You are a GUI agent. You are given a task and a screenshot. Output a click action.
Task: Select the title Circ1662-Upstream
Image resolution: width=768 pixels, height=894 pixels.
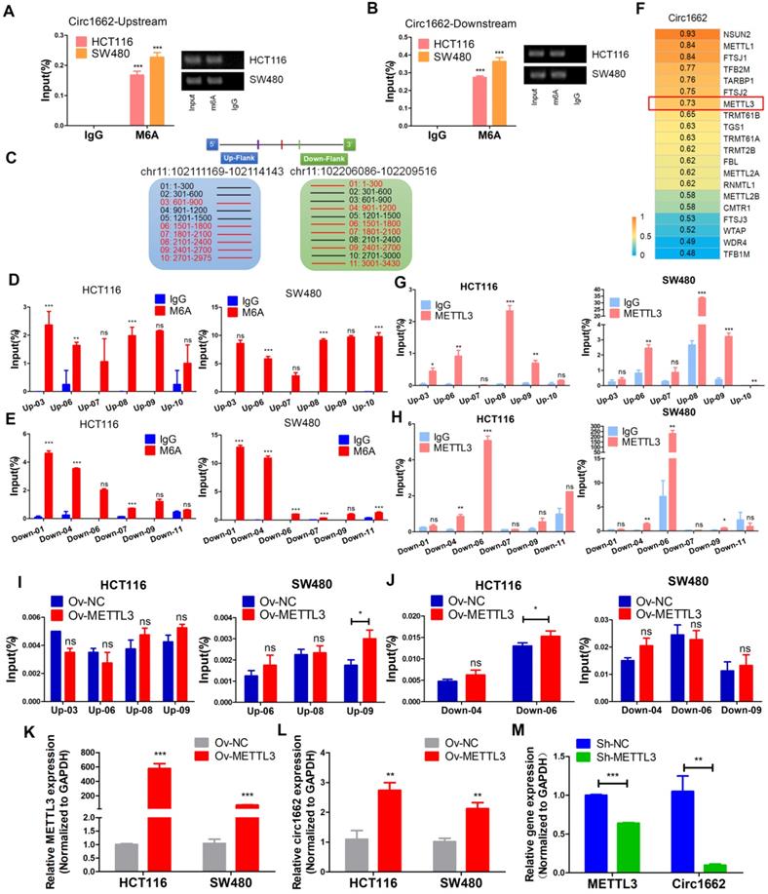click(106, 19)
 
